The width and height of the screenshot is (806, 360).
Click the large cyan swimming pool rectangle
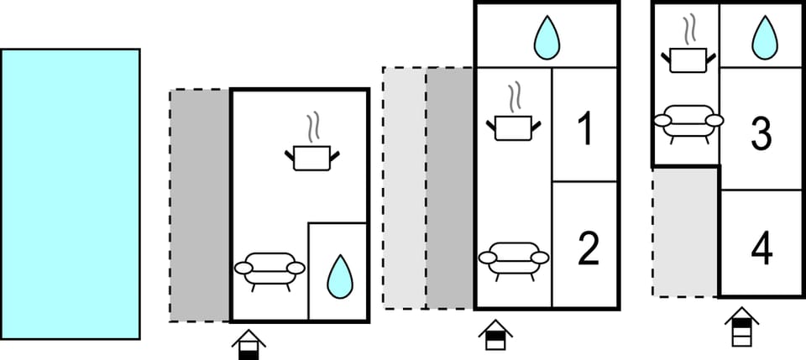(70, 194)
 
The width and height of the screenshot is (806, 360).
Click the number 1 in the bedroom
(585, 129)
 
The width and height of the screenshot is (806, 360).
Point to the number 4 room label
(761, 249)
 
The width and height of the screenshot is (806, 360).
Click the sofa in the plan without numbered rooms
(270, 270)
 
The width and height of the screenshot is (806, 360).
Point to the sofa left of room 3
(688, 123)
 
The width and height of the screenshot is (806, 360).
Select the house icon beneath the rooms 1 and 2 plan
(496, 336)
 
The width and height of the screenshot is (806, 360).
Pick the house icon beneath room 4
(741, 327)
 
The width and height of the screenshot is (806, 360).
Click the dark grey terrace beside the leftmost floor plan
(200, 205)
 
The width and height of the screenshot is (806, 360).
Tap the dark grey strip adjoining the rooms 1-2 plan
(450, 188)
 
